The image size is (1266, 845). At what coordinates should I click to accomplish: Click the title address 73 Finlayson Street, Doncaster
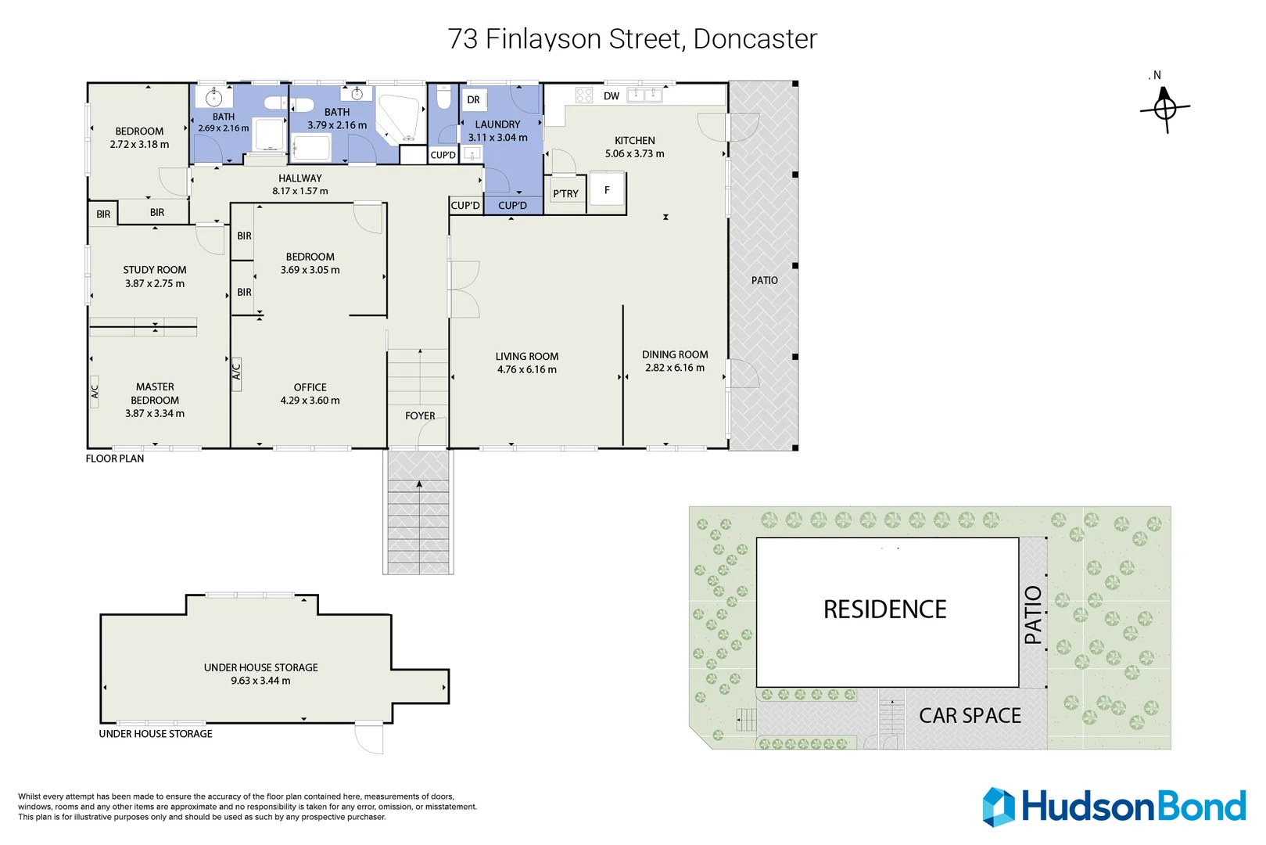point(632,38)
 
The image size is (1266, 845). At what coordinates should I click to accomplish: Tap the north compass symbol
point(1164,108)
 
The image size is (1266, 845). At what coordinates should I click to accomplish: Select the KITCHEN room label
point(634,141)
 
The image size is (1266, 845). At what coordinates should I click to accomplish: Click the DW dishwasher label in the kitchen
point(611,96)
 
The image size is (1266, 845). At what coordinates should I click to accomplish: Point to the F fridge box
point(607,190)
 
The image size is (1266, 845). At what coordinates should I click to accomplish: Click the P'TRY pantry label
point(565,193)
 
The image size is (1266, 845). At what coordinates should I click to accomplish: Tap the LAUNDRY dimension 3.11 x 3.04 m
point(497,138)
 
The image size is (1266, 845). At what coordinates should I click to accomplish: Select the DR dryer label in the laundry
point(473,100)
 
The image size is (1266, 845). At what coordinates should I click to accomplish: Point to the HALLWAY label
point(299,178)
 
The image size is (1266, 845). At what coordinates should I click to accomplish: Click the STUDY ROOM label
point(154,270)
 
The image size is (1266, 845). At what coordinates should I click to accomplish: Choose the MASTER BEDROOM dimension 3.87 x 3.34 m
point(155,413)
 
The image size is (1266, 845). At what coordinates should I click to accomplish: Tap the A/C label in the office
point(236,371)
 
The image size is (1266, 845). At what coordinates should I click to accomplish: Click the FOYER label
point(420,415)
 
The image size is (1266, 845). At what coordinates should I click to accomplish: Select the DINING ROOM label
point(675,354)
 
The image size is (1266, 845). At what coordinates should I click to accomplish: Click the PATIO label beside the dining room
point(764,280)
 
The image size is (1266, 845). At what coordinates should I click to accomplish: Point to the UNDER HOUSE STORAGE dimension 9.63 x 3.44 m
point(260,681)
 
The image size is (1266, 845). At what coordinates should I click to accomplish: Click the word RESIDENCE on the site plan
point(884,609)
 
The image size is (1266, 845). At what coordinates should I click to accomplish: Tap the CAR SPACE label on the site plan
point(970,715)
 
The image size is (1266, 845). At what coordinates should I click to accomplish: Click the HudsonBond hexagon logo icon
point(999,807)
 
